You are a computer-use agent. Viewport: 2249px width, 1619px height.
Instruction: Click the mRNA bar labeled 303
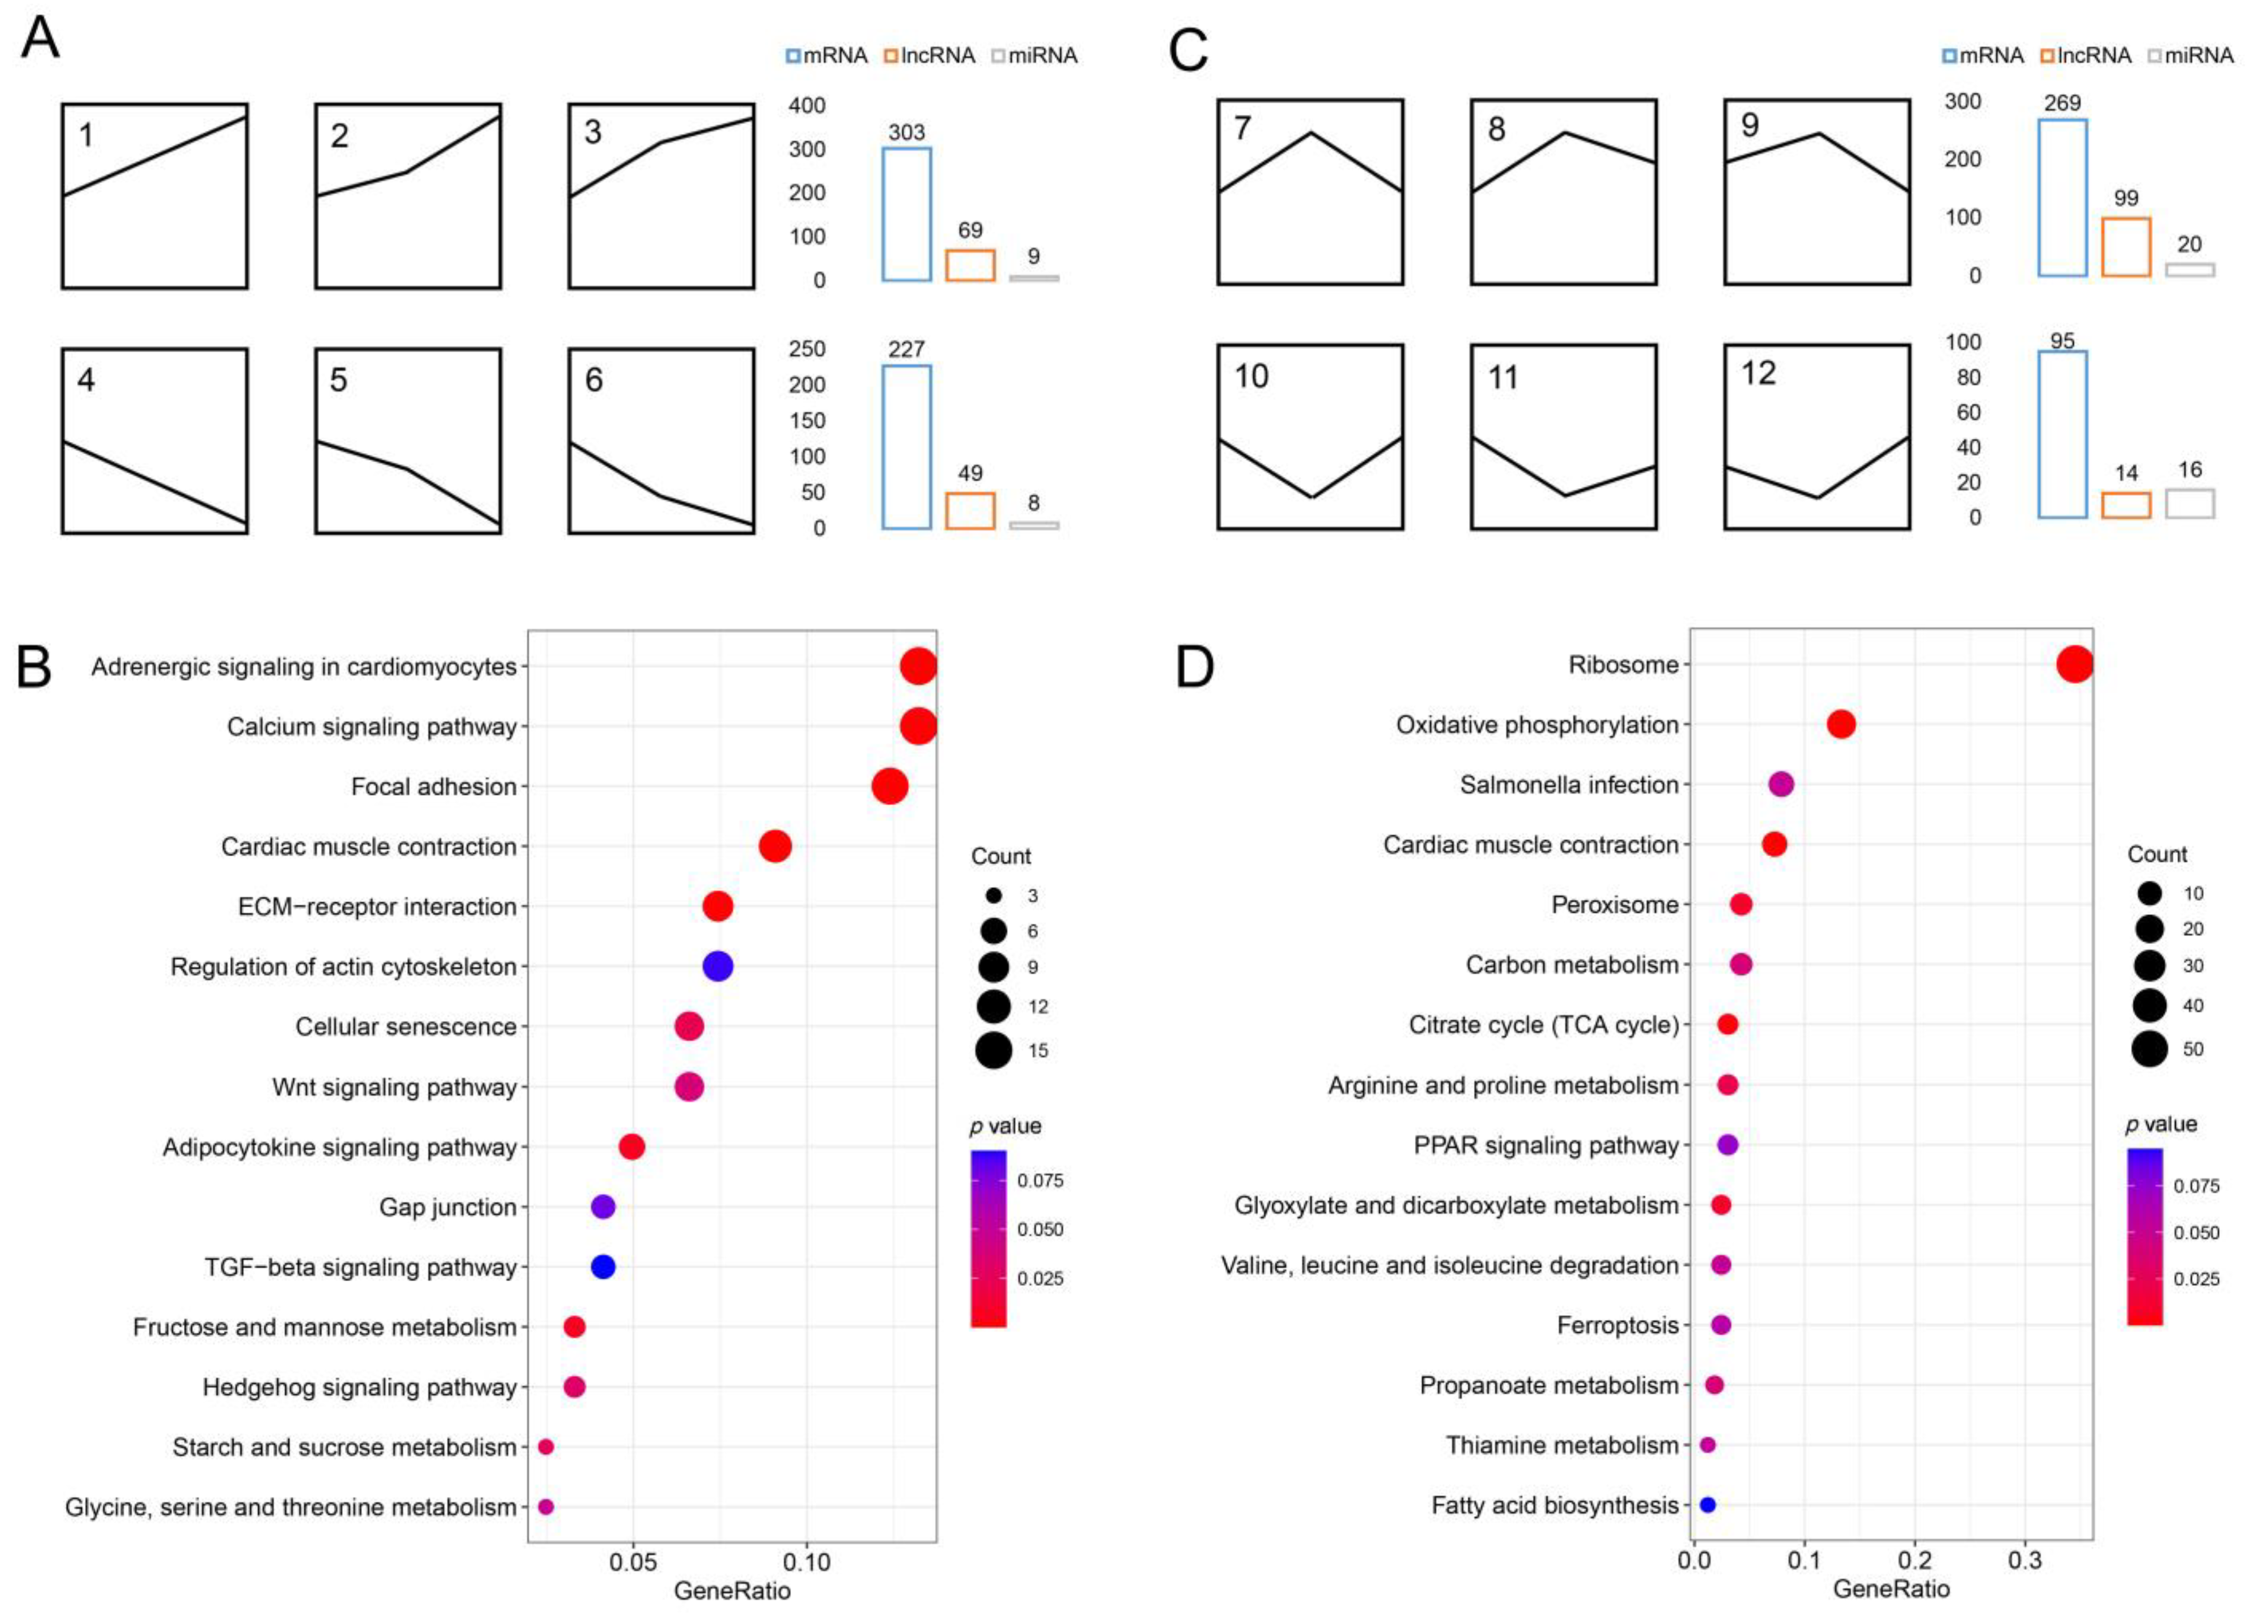tap(906, 214)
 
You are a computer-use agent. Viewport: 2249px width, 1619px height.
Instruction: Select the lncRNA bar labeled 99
tap(2125, 247)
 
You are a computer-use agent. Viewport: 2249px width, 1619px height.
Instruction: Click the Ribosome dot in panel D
tap(2075, 664)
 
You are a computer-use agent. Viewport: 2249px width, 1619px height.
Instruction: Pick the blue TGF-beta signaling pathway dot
tap(603, 1266)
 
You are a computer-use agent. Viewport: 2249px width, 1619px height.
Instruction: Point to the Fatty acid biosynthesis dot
tap(1707, 1505)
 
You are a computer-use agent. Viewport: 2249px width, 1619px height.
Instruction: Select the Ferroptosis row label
tap(1617, 1326)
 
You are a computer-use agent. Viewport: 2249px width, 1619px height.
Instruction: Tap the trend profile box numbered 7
tap(1310, 192)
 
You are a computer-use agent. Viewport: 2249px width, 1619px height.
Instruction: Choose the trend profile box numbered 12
tap(1817, 437)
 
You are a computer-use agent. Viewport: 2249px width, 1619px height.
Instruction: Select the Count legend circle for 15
tap(992, 1050)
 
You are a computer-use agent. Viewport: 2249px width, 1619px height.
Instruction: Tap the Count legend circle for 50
tap(2149, 1048)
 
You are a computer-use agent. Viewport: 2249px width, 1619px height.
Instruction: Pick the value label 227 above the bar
tap(906, 349)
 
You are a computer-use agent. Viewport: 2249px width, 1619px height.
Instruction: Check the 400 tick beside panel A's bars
tap(806, 105)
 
